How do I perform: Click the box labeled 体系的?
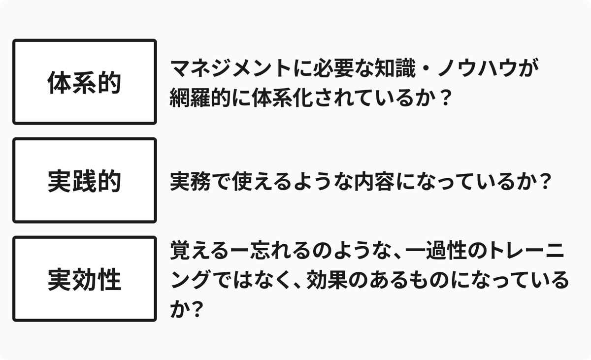(84, 82)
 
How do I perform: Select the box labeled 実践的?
(84, 180)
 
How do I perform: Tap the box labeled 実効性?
(84, 279)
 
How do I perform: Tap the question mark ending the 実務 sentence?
(542, 182)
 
